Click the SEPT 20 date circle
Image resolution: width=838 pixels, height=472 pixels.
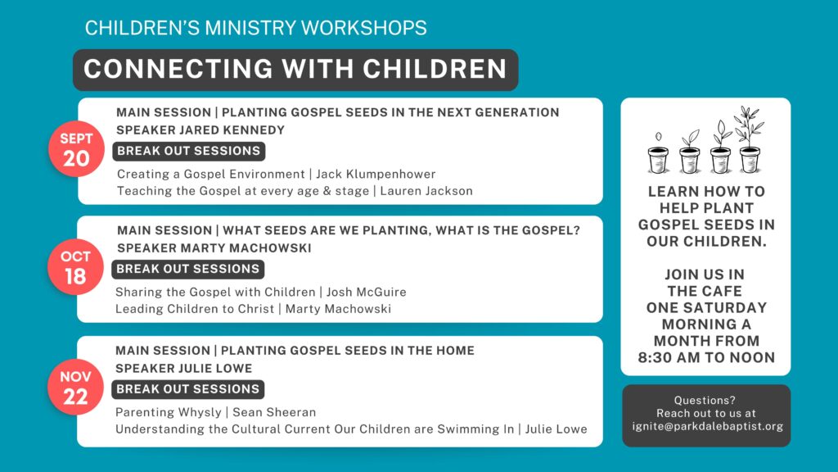[76, 149]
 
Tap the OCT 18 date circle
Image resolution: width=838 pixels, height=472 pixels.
[74, 267]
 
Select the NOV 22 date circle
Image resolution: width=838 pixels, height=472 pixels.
[74, 388]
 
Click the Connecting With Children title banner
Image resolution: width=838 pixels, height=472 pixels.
[295, 70]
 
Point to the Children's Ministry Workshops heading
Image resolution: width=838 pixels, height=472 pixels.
[256, 28]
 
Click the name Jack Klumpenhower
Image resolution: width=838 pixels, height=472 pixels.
[376, 174]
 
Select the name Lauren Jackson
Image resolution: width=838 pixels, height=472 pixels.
[426, 191]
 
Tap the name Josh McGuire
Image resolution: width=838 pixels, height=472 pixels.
[367, 293]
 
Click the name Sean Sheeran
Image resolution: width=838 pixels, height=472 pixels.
[274, 412]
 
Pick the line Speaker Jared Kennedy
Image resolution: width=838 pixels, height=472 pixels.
[200, 130]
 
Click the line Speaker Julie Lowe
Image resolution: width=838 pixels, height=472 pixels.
[184, 368]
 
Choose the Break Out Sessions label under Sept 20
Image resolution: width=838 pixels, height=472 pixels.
[189, 151]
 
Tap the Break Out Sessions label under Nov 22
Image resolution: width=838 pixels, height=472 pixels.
[187, 389]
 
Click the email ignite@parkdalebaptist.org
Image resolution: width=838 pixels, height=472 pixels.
[707, 426]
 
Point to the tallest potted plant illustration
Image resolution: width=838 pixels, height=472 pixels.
[750, 139]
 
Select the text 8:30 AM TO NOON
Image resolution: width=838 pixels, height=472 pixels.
[706, 357]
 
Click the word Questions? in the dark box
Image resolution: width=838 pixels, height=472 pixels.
[705, 400]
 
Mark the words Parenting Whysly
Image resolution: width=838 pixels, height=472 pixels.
[169, 413]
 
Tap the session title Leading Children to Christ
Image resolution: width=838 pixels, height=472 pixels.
[195, 309]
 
